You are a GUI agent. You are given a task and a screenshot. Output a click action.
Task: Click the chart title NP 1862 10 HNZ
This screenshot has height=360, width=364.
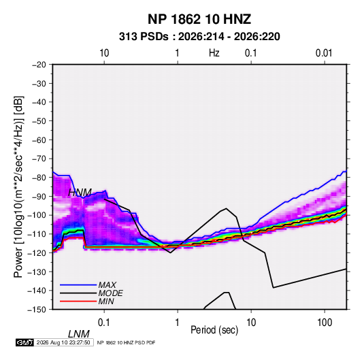point(199,19)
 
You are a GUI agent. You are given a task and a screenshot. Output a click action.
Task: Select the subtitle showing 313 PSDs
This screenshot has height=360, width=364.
point(199,37)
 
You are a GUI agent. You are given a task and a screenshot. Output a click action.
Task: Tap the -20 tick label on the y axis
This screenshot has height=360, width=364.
point(39,65)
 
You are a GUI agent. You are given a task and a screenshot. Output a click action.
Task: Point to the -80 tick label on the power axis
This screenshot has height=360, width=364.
point(39,178)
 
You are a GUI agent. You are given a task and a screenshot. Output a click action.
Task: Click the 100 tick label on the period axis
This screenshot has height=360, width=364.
point(325,323)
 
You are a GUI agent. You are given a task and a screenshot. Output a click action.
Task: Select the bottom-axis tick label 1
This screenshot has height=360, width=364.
point(178,323)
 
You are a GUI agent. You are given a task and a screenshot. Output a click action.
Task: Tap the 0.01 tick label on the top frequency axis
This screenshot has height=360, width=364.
point(324,53)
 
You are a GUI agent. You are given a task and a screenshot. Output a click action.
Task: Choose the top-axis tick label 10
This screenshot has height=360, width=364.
point(104,53)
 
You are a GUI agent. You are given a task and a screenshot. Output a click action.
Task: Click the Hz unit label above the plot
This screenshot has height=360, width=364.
point(214,53)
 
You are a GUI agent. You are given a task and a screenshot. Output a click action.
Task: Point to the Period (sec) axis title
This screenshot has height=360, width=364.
point(214,330)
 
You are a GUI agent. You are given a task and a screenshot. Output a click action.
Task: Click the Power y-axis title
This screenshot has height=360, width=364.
point(18,186)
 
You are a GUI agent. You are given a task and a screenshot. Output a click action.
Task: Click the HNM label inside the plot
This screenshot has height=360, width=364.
point(80,193)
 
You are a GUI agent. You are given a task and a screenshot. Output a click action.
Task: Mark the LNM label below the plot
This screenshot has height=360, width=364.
point(79,334)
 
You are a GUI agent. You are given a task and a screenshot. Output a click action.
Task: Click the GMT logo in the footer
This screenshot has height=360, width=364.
point(24,342)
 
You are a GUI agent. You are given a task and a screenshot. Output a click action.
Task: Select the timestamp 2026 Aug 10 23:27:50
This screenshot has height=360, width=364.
point(63,342)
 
